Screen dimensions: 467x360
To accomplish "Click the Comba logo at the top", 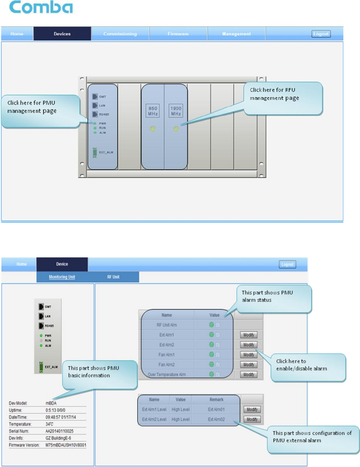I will (x=41, y=7).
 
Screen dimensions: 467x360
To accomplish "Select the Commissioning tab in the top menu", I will (x=120, y=34).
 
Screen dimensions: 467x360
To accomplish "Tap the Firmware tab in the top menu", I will (x=178, y=34).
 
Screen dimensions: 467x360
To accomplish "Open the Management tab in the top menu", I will (x=236, y=34).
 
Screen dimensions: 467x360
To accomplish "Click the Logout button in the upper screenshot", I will (x=321, y=34).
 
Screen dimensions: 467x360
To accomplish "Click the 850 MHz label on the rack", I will (x=153, y=111).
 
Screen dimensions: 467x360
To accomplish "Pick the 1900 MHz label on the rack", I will (x=176, y=111).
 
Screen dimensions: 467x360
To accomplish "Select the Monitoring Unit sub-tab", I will (x=62, y=277).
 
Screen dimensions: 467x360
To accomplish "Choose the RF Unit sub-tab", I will (x=113, y=277).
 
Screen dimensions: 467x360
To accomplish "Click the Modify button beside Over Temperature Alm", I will (x=249, y=374).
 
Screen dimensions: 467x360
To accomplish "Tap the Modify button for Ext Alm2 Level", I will (x=252, y=419).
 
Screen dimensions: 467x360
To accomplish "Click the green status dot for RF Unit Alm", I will (x=211, y=325).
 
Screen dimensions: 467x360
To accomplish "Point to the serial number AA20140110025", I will (x=59, y=431).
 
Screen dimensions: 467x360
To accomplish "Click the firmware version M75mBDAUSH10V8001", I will (x=66, y=445).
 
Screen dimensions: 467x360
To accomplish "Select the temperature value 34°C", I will (x=49, y=424).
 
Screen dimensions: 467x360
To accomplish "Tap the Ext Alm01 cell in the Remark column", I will (x=216, y=410).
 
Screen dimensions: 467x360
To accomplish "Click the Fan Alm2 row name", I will (x=167, y=365).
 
